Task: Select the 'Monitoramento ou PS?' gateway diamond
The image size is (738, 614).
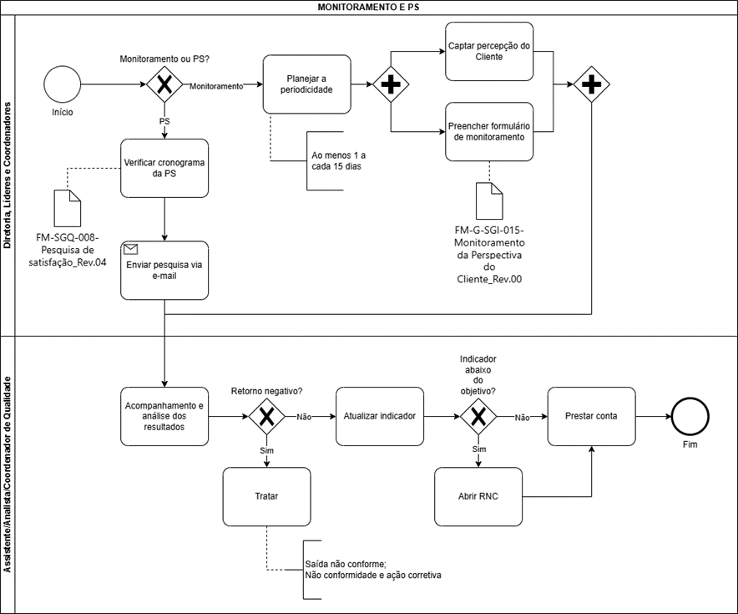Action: (164, 84)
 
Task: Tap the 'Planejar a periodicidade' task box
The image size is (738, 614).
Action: (307, 84)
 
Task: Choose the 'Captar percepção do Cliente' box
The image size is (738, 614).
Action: (489, 51)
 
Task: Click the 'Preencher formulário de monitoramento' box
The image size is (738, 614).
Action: (489, 131)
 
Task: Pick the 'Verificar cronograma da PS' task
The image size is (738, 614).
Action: (164, 168)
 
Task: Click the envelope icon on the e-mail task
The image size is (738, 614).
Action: (130, 249)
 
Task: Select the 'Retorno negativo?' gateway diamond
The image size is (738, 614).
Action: (267, 416)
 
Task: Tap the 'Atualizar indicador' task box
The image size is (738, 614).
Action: (380, 416)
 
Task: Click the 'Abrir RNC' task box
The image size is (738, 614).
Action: (478, 496)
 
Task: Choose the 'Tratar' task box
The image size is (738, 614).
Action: (267, 496)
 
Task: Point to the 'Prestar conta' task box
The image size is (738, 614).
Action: (592, 416)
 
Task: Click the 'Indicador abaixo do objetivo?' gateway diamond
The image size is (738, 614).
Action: (478, 416)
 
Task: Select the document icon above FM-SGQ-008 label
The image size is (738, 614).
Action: (68, 208)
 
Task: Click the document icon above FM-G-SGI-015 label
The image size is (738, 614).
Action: (489, 201)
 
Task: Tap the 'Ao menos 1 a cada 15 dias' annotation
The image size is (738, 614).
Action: (338, 160)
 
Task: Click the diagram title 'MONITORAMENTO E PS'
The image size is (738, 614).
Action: (368, 7)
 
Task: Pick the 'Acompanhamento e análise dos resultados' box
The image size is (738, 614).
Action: (164, 416)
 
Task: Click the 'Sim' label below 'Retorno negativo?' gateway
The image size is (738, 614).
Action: (267, 450)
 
